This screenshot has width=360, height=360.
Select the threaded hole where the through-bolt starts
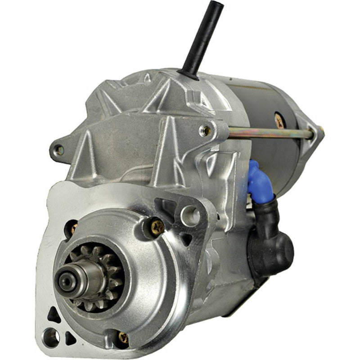coord(207,130)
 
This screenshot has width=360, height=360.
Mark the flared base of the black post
coord(188,73)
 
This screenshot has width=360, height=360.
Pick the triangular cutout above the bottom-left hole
coord(53,315)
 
